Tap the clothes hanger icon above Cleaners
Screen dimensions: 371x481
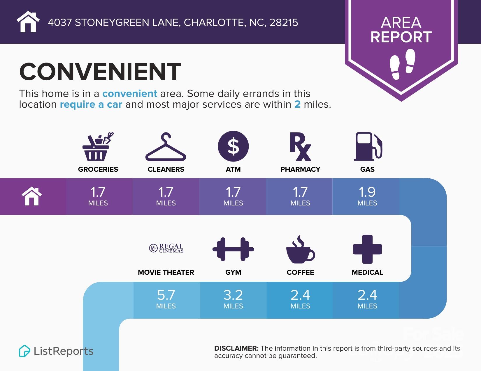(x=166, y=147)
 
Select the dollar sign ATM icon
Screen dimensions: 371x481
(x=233, y=146)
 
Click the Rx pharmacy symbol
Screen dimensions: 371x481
(x=300, y=147)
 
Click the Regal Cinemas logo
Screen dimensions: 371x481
(x=166, y=248)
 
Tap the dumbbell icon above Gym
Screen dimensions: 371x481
(x=233, y=249)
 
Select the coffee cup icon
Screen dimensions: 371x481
(x=300, y=249)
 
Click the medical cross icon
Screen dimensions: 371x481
(x=367, y=249)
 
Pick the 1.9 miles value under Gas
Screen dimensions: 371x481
(x=367, y=196)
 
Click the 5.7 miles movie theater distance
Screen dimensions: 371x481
(x=166, y=299)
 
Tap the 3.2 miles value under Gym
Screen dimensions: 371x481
(x=233, y=299)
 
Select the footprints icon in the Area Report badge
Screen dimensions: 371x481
(x=402, y=64)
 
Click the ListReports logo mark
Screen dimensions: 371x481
(x=24, y=351)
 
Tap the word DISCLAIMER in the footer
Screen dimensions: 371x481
(x=236, y=348)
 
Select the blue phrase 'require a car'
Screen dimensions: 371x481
(x=91, y=104)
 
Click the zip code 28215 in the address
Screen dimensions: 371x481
(x=283, y=22)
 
